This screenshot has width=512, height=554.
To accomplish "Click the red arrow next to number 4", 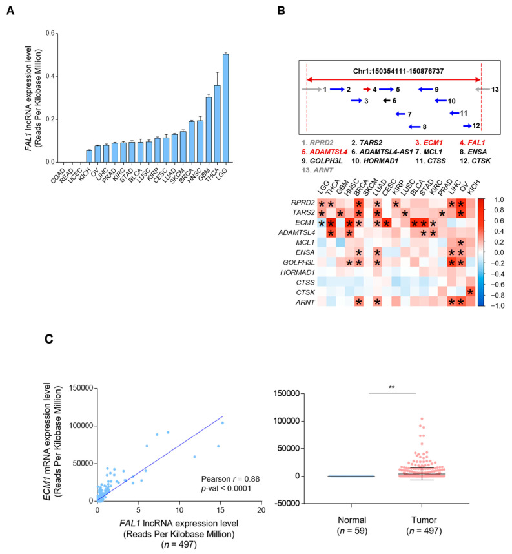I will pos(367,90).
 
